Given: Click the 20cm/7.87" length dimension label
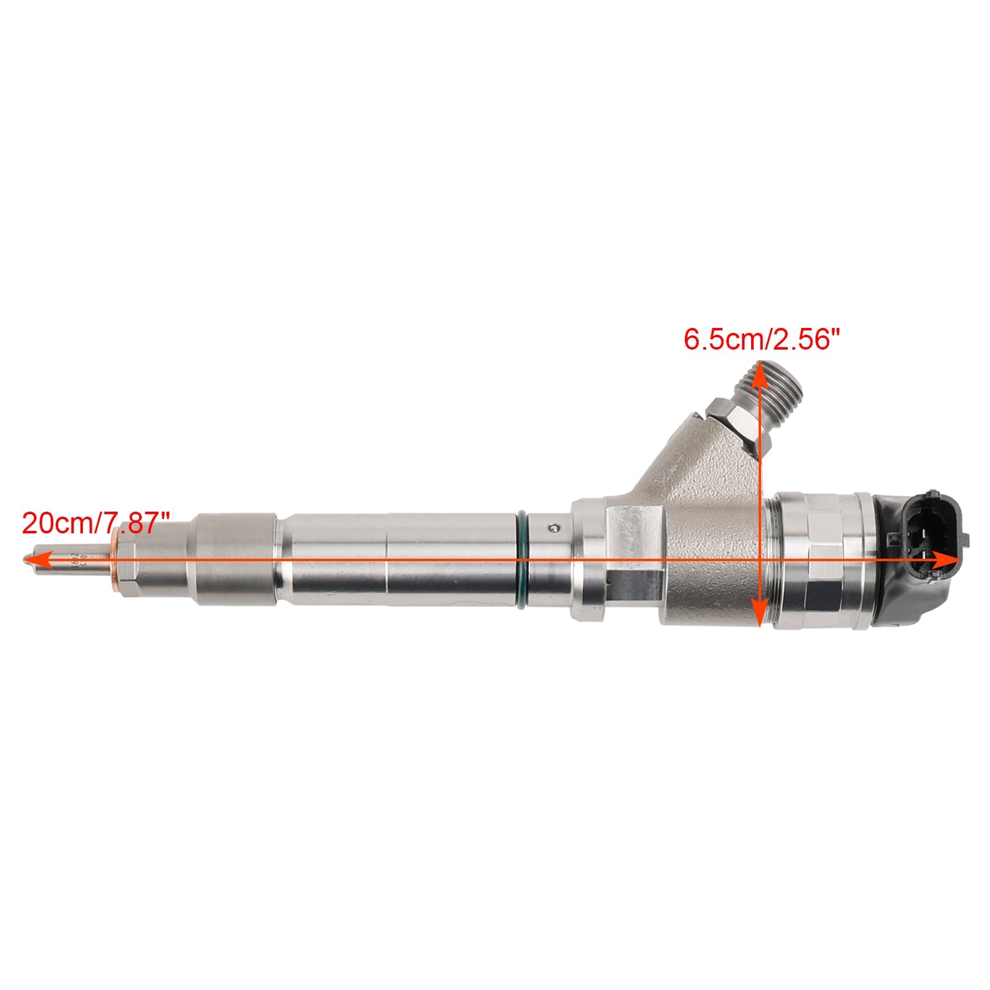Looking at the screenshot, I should click(x=96, y=523).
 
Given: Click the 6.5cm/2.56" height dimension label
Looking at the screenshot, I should click(x=762, y=340).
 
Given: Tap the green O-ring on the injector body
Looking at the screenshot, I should click(x=522, y=560).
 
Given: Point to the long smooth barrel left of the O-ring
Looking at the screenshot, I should click(x=396, y=560).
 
